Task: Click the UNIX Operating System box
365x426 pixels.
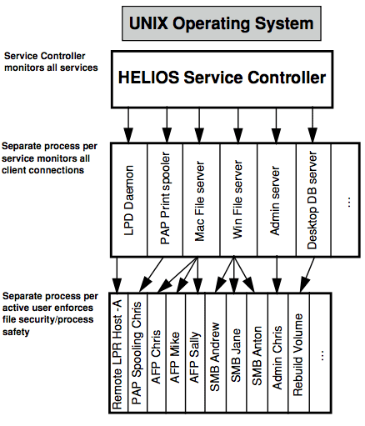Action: coord(222,23)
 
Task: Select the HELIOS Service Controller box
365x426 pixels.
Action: coord(222,79)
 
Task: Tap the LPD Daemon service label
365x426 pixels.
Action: coord(129,200)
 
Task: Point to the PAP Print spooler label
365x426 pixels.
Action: coord(165,198)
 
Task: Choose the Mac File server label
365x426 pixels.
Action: coord(200,201)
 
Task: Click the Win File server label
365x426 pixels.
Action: coord(237,199)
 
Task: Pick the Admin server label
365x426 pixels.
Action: coord(275,201)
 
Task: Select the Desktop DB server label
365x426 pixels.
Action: coord(312,200)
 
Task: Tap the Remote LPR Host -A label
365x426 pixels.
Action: coord(117,354)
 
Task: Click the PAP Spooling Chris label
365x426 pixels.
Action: coord(137,353)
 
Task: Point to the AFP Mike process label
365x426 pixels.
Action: coord(175,358)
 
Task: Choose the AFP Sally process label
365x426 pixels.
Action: coord(194,357)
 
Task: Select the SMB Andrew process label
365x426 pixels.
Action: coord(215,357)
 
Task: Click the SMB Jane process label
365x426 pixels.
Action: coord(236,355)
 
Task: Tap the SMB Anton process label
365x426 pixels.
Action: coord(257,356)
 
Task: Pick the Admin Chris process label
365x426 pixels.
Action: coord(277,358)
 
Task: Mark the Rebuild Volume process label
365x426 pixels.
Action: coord(297,355)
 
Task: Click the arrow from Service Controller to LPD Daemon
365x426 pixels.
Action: coord(128,125)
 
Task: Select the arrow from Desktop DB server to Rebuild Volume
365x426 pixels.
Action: coord(307,275)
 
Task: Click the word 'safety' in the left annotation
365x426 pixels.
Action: coord(16,332)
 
